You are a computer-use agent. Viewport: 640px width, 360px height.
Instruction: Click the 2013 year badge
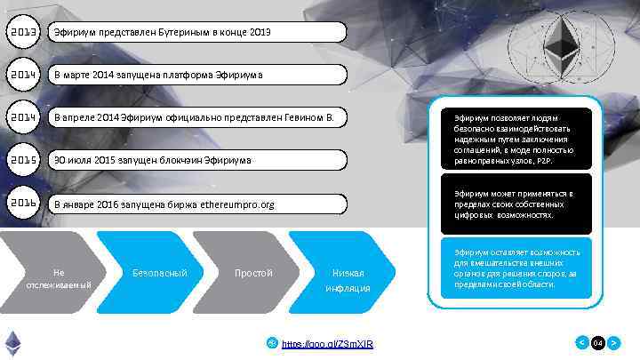24,33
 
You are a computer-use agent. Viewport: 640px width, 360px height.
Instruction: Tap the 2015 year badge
24,160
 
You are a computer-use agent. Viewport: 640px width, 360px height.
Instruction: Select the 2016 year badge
24,204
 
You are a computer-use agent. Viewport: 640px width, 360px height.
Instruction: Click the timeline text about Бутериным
196,33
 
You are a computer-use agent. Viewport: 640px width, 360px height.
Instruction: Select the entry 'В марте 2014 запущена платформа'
196,74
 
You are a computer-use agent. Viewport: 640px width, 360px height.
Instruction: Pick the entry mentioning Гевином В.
196,116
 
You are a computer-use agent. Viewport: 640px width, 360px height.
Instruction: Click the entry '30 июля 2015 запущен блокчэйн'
196,160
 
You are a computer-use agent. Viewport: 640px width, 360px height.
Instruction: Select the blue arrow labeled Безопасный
160,272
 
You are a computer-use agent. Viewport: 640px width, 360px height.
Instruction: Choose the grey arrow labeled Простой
253,272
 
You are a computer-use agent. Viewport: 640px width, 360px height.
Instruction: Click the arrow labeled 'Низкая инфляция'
347,280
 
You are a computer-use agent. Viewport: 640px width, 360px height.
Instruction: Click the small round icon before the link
273,342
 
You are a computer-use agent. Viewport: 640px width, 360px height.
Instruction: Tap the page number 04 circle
598,342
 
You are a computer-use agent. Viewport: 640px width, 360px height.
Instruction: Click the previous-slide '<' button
582,342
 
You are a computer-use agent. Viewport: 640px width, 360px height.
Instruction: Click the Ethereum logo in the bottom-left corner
13,341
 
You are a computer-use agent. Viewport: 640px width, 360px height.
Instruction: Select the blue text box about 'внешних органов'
516,270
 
